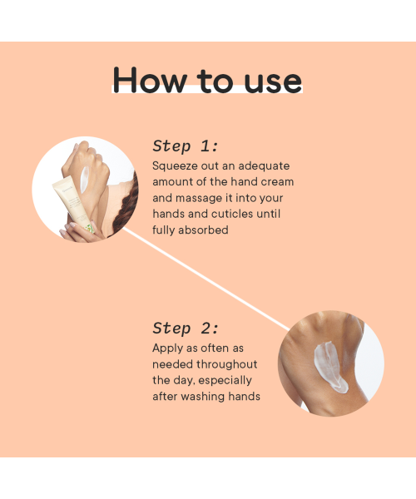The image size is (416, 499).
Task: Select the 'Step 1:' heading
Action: coord(186,146)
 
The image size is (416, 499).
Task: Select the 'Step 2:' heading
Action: coord(186,329)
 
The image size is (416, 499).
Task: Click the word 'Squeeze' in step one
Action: coord(175,166)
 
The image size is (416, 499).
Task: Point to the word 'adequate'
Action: coord(264,166)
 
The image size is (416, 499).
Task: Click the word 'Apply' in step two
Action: coord(168,348)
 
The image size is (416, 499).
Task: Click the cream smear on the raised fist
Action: coord(84,180)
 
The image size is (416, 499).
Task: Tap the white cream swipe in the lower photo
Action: coord(329,366)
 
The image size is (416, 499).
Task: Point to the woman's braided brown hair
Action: coord(127,204)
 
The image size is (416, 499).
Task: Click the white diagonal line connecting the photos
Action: coord(206,279)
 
